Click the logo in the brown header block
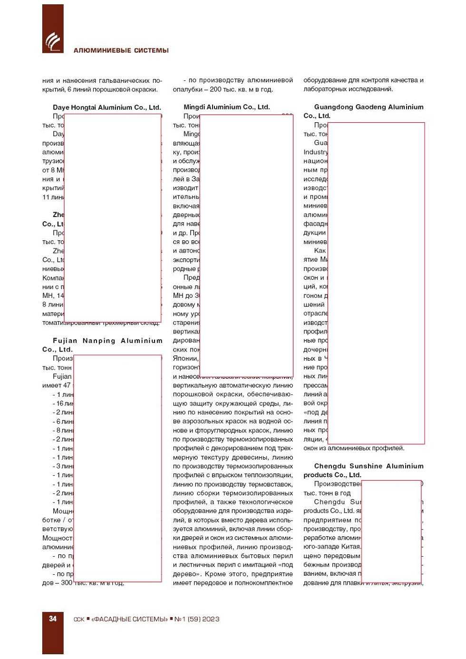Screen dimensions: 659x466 (x=53, y=42)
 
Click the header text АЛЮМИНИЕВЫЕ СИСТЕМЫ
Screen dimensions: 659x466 (x=121, y=50)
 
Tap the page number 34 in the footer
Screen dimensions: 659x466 (x=53, y=619)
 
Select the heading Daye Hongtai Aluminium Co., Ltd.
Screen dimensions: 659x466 (x=107, y=108)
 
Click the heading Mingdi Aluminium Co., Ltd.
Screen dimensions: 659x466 (x=226, y=107)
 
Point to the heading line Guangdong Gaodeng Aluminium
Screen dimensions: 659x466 (x=369, y=107)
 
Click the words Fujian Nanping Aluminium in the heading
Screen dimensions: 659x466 (x=107, y=341)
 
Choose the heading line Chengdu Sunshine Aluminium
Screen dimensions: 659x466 (x=369, y=466)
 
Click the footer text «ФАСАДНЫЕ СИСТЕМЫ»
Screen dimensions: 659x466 (x=129, y=619)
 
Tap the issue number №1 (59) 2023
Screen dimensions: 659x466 (x=197, y=619)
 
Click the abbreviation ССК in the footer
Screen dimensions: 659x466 (x=79, y=620)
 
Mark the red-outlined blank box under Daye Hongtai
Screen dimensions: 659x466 (x=113, y=218)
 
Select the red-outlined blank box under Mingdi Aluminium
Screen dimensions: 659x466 (x=246, y=245)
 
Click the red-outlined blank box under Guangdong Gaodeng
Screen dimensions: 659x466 (x=376, y=283)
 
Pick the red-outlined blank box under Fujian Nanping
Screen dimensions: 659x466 (x=117, y=468)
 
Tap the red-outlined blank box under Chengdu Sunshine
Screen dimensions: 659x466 (x=391, y=531)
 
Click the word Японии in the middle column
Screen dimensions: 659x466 (x=185, y=358)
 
